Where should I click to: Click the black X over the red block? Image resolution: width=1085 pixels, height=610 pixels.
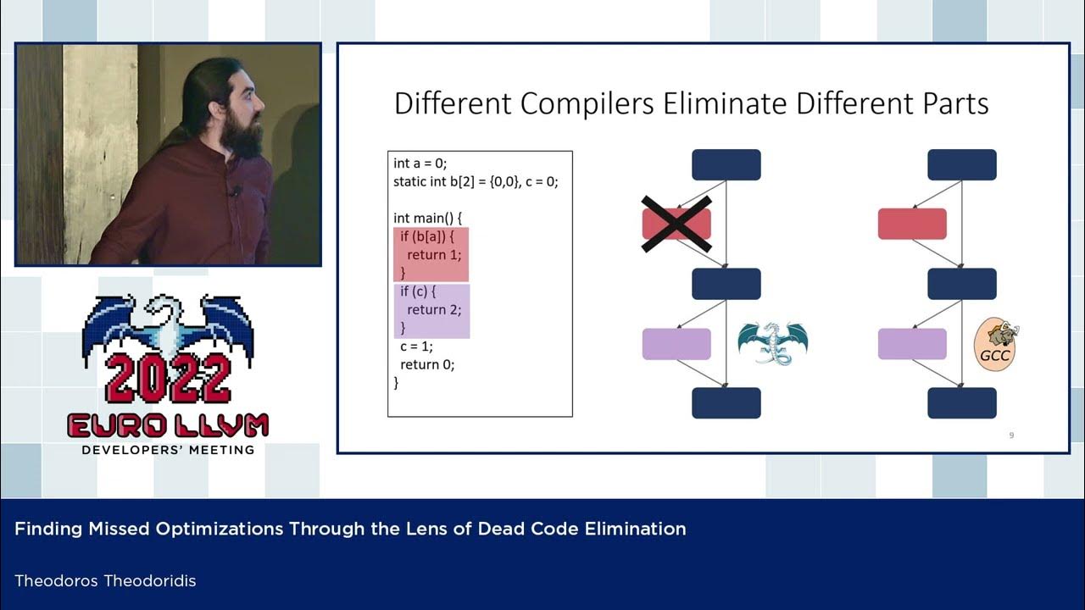click(676, 224)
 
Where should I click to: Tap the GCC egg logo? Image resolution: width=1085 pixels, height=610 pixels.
click(995, 343)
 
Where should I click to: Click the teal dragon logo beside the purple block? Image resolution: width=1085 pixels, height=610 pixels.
click(772, 342)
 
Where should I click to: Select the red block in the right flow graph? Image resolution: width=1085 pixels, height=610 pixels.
click(911, 224)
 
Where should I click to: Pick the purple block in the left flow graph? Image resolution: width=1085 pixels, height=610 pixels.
click(676, 343)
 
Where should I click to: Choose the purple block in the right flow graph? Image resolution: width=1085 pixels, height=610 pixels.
click(911, 343)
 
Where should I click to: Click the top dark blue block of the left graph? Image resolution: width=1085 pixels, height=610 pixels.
click(726, 164)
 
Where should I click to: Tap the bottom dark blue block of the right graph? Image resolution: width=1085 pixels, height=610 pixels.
click(961, 402)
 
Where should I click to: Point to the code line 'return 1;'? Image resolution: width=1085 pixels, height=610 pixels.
click(434, 254)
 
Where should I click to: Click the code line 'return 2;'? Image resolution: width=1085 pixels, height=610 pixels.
click(434, 309)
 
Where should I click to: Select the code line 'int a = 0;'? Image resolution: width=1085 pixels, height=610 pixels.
click(420, 163)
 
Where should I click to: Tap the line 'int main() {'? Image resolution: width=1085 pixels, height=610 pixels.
click(427, 218)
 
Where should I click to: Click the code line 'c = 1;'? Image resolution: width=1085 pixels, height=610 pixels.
click(417, 346)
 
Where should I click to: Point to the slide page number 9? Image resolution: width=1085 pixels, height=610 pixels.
click(1011, 435)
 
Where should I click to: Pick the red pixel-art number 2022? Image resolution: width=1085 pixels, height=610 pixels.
click(168, 377)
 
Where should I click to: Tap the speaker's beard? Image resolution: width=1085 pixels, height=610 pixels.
click(243, 136)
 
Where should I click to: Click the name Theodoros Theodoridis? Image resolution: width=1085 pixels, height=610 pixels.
click(105, 580)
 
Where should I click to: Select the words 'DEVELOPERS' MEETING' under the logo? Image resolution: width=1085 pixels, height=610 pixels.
click(168, 450)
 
